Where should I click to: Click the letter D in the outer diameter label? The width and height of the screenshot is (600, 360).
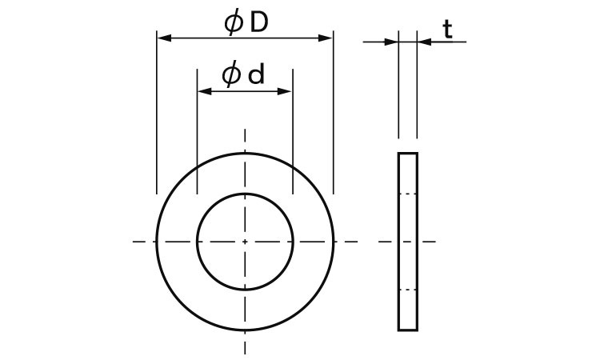tap(258, 23)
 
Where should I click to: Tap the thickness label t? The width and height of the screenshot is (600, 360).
tap(447, 30)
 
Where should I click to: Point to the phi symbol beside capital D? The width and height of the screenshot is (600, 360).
tap(234, 23)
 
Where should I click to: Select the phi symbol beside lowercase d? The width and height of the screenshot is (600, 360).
tap(231, 75)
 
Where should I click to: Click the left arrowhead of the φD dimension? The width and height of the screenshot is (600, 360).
tap(164, 38)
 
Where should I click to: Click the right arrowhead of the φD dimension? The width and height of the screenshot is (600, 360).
tap(326, 38)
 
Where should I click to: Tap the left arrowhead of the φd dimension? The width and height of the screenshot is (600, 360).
tap(204, 91)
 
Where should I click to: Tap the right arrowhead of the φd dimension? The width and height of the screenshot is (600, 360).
tap(285, 91)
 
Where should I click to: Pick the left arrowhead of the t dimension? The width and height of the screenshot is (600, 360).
tap(391, 42)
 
